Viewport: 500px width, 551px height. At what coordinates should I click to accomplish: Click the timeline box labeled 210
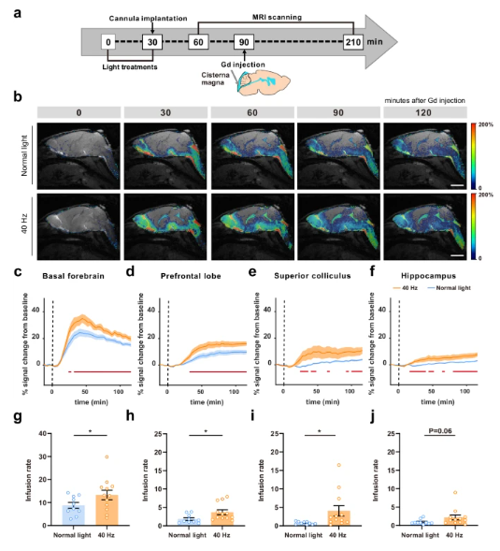pyautogui.click(x=350, y=42)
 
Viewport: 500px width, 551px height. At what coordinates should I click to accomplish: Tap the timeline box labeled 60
pyautogui.click(x=197, y=42)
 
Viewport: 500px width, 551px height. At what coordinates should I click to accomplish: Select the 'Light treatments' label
pyautogui.click(x=130, y=65)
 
